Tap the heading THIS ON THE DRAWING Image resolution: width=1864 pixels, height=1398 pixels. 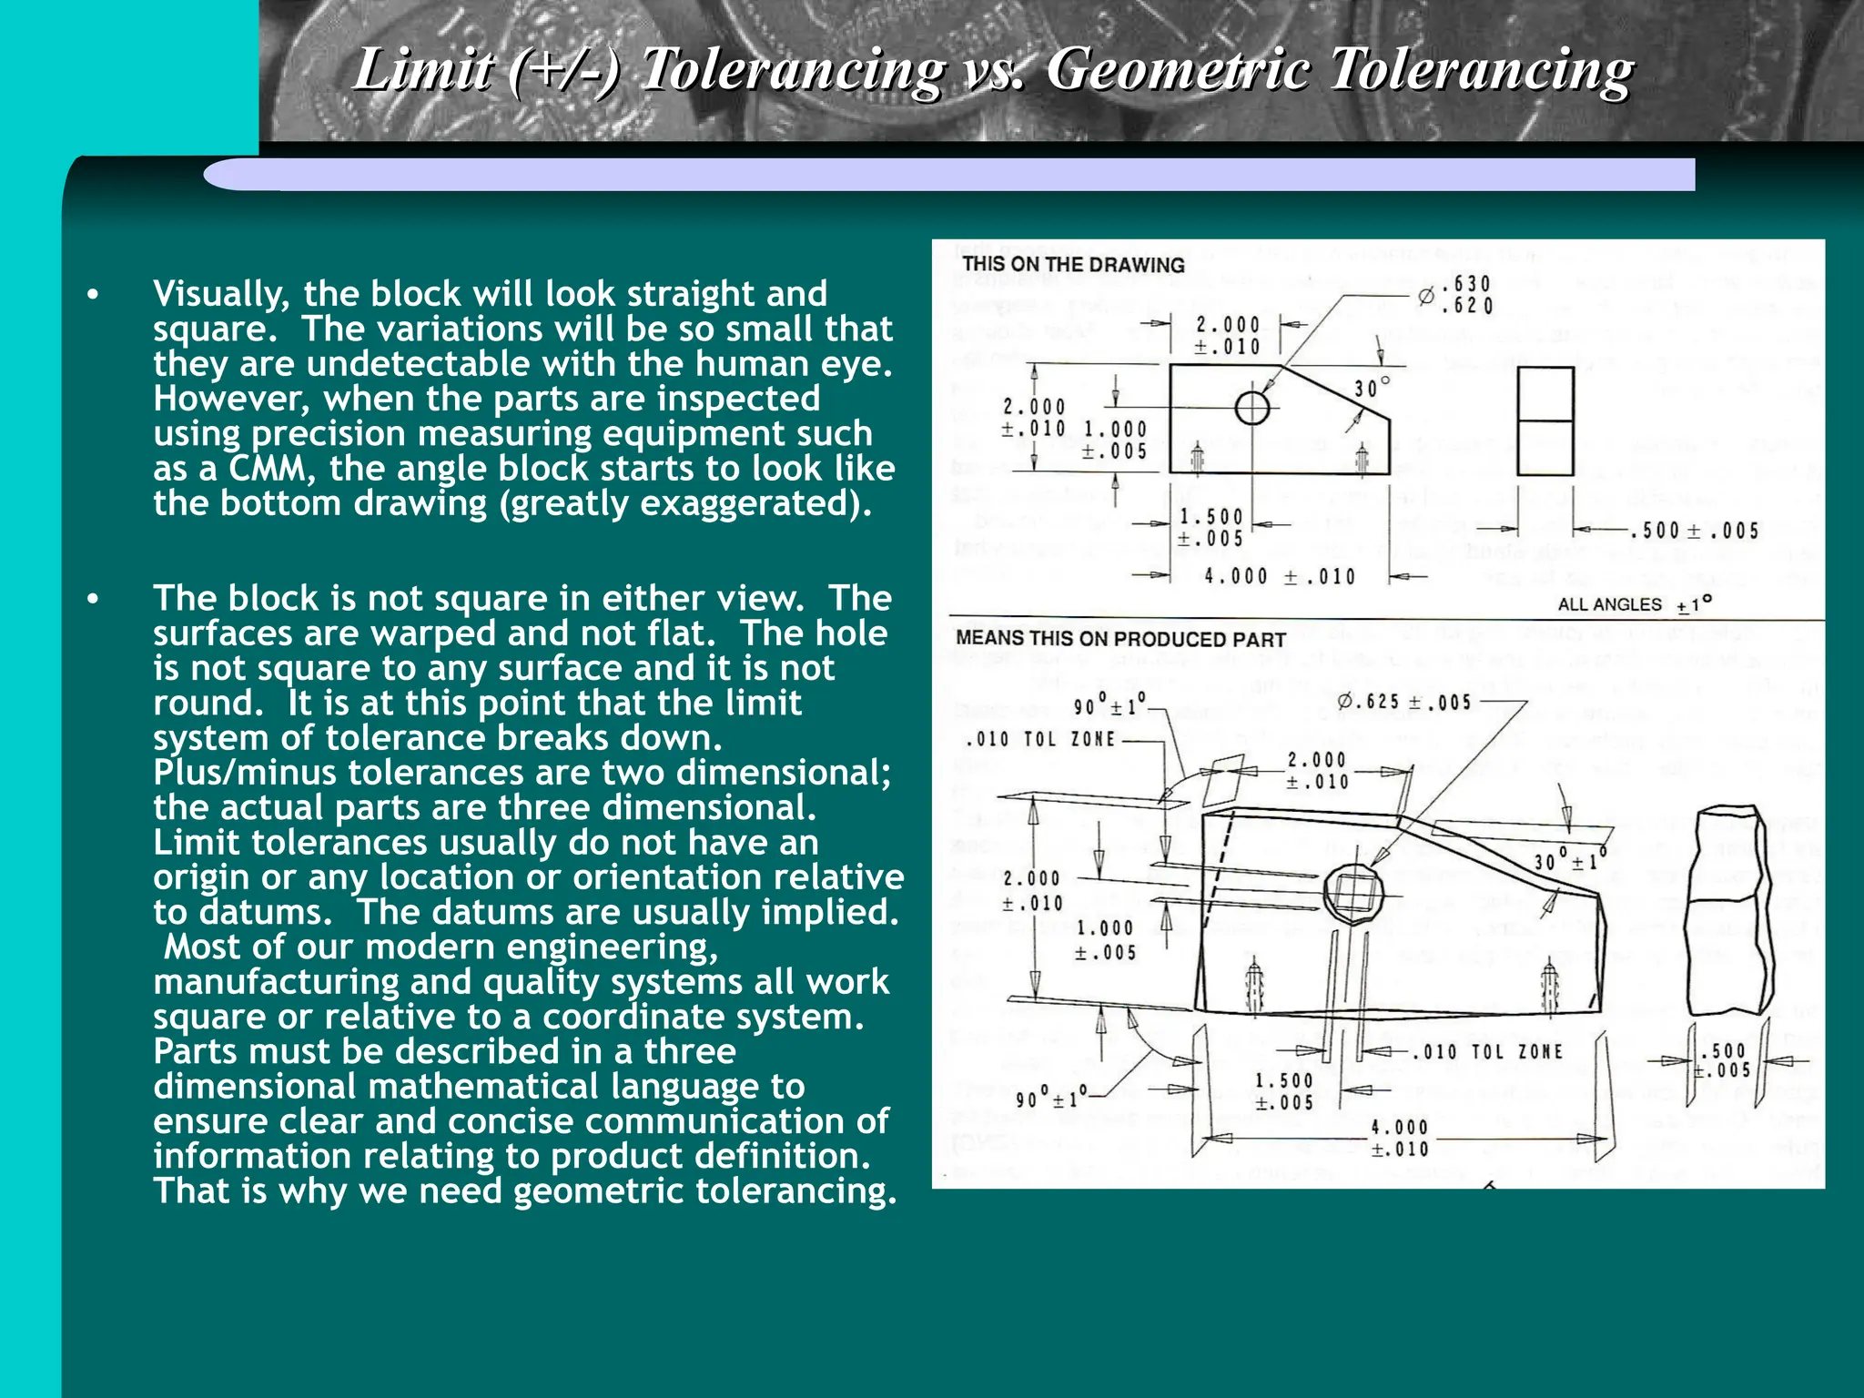(1073, 265)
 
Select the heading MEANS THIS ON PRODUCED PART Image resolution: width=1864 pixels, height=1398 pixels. (1120, 639)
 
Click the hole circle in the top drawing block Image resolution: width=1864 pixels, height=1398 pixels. (1252, 408)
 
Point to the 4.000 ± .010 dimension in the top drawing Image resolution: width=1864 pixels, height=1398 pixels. (1280, 576)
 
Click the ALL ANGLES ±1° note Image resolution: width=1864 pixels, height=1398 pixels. (1635, 604)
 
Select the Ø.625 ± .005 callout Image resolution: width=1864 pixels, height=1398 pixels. (1404, 702)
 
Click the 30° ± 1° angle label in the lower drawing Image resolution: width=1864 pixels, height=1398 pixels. (1571, 859)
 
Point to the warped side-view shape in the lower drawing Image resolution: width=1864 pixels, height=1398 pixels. (1728, 910)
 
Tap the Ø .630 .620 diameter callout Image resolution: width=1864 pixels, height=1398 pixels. (1457, 295)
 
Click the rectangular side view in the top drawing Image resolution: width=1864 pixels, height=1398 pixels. (1545, 420)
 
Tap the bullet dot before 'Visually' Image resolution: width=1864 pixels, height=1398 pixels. (92, 295)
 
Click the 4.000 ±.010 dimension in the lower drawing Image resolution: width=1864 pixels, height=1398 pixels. (1399, 1138)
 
